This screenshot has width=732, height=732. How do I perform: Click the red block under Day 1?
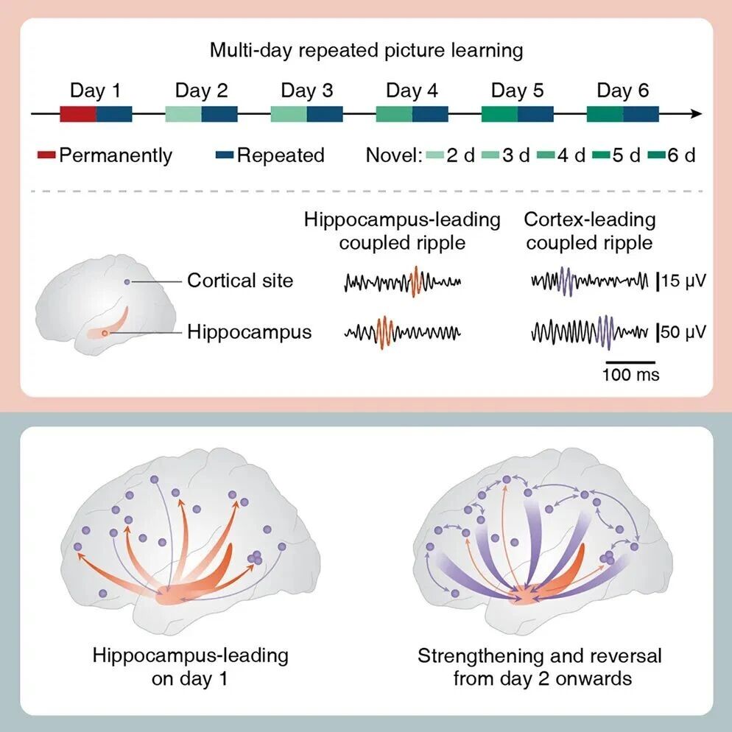pos(78,114)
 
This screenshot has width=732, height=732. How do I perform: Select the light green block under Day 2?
pos(183,114)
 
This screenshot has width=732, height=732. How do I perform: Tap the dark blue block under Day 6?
pos(641,114)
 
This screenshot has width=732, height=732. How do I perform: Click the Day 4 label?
pos(412,91)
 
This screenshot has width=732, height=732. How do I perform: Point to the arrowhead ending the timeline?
pos(697,113)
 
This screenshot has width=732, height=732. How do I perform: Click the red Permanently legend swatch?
pos(46,155)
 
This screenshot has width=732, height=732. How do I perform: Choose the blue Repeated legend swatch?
pos(224,155)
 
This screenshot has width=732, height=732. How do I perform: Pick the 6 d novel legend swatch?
pos(656,155)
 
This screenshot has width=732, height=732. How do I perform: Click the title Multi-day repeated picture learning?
pos(367,50)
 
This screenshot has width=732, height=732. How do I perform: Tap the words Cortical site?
pos(240,281)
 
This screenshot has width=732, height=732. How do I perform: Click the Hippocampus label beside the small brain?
pos(250,332)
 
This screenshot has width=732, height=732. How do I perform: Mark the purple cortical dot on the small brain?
pos(127,282)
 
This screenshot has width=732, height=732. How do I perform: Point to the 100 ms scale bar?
pos(630,362)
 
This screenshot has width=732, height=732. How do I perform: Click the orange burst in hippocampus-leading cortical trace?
pos(416,281)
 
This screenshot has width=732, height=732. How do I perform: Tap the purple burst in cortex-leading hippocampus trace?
pos(605,332)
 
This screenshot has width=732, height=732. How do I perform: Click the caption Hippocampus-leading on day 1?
pos(190,667)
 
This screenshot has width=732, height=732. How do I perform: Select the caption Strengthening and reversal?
pos(540,656)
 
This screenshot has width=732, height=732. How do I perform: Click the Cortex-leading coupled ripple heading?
pos(590,231)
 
